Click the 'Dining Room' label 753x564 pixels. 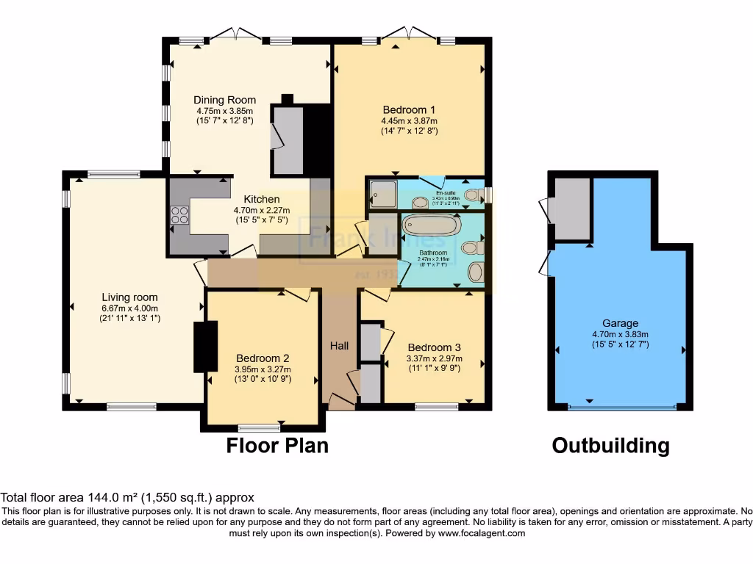click(225, 100)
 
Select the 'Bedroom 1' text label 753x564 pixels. click(409, 110)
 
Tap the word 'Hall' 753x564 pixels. click(339, 345)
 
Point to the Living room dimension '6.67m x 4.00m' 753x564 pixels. click(129, 308)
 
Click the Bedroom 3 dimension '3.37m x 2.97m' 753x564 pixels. click(434, 358)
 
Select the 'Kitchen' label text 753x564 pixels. click(262, 199)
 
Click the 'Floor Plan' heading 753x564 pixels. click(277, 445)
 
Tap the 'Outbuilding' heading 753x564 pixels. click(611, 445)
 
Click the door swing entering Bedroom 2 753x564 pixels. click(297, 294)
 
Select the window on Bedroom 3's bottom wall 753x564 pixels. click(436, 406)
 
